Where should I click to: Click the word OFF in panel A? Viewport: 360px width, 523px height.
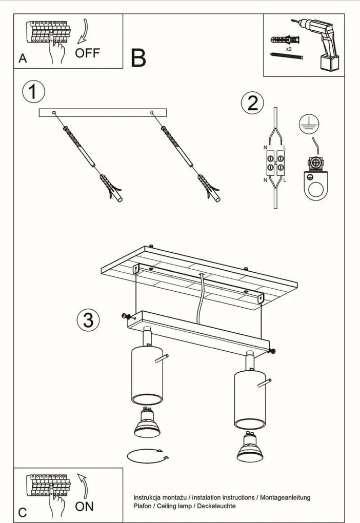[x=87, y=52]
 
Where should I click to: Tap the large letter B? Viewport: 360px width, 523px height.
[x=138, y=58]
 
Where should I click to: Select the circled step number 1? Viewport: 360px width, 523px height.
[x=33, y=92]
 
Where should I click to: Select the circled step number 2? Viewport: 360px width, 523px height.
[x=252, y=103]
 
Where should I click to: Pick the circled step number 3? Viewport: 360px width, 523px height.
[x=88, y=320]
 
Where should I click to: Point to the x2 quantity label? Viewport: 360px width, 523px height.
[x=289, y=49]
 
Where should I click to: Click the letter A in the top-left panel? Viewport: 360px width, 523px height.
[x=23, y=58]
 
